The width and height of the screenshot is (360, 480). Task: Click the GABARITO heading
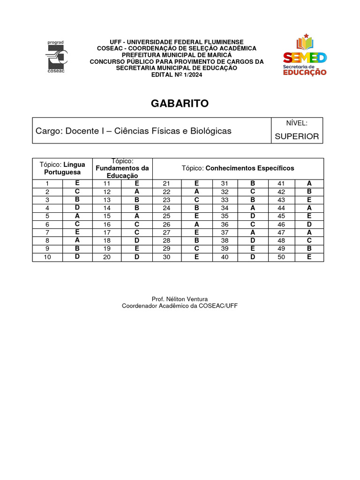pyautogui.click(x=180, y=104)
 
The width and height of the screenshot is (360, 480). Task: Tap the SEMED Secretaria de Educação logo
pyautogui.click(x=305, y=55)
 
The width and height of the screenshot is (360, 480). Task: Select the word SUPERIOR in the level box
pyautogui.click(x=297, y=136)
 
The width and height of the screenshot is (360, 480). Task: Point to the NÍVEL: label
pyautogui.click(x=297, y=123)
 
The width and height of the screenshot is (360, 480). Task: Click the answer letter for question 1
pyautogui.click(x=77, y=183)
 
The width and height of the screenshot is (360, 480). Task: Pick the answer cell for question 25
pyautogui.click(x=197, y=216)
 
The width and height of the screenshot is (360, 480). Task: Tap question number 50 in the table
pyautogui.click(x=281, y=257)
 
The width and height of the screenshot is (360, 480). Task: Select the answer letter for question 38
pyautogui.click(x=253, y=240)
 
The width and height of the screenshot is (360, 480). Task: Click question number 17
pyautogui.click(x=107, y=232)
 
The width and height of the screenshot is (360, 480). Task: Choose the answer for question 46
pyautogui.click(x=309, y=224)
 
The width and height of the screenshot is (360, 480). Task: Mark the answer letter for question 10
pyautogui.click(x=77, y=257)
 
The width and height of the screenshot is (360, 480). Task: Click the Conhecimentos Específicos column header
pyautogui.click(x=238, y=168)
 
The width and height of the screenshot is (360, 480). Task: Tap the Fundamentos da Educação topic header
pyautogui.click(x=122, y=168)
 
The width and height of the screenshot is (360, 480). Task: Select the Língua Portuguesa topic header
pyautogui.click(x=62, y=168)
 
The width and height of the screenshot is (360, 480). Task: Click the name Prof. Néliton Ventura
pyautogui.click(x=180, y=299)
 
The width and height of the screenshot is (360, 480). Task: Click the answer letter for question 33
pyautogui.click(x=253, y=200)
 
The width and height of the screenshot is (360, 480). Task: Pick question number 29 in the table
pyautogui.click(x=166, y=249)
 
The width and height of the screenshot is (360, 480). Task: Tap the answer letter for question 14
pyautogui.click(x=137, y=208)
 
